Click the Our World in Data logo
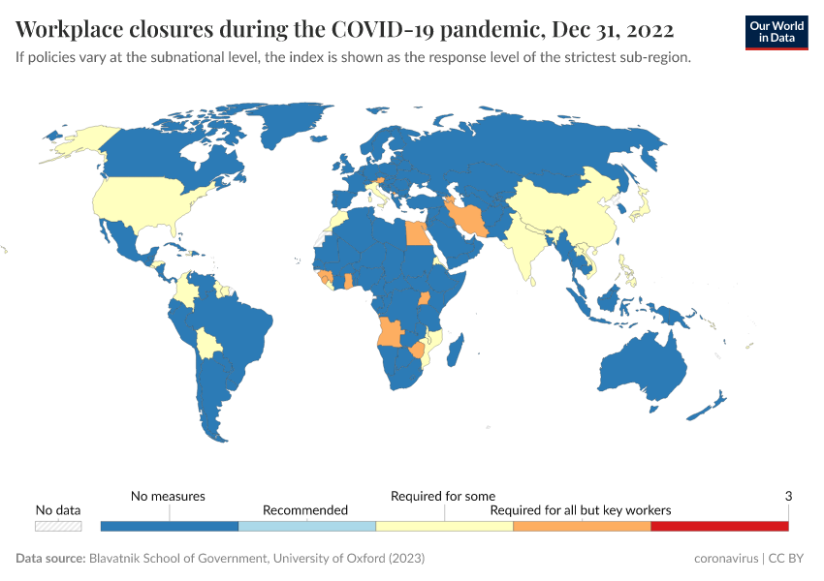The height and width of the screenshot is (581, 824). click(776, 32)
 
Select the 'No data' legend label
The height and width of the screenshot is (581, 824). click(58, 509)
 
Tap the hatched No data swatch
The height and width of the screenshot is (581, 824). click(58, 526)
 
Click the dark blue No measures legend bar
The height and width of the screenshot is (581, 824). click(170, 526)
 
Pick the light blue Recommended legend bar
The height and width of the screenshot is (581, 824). click(306, 526)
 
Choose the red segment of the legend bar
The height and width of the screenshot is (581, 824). click(718, 526)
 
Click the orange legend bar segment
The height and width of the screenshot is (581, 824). click(581, 526)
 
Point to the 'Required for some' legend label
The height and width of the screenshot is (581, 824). click(443, 496)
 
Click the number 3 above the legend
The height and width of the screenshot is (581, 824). click(788, 496)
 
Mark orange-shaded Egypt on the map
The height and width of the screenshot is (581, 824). click(414, 234)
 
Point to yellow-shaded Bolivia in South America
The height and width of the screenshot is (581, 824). click(208, 343)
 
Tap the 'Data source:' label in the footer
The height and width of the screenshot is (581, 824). click(50, 559)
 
